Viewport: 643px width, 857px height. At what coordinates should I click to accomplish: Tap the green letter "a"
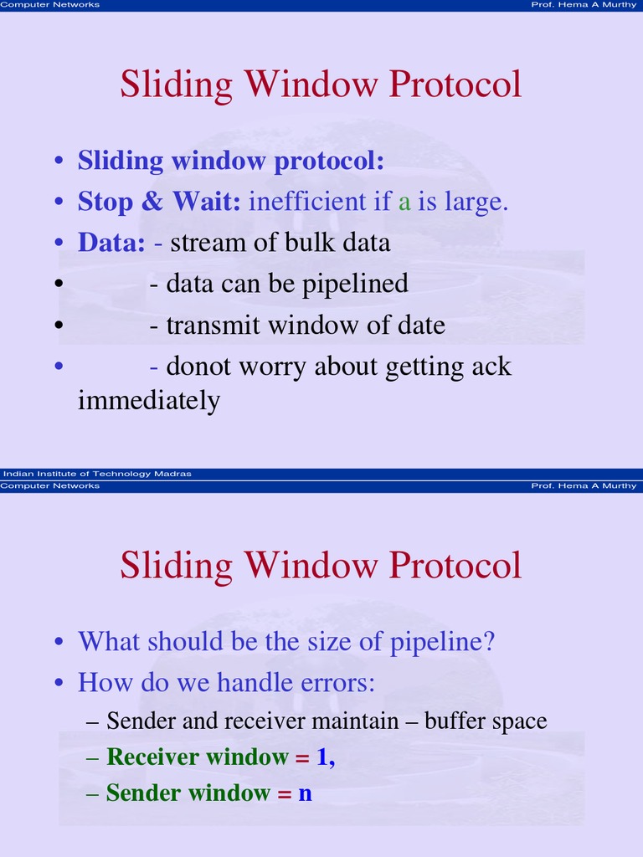404,203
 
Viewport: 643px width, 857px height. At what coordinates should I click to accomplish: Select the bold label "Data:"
111,243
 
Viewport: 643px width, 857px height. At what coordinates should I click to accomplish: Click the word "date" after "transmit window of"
418,325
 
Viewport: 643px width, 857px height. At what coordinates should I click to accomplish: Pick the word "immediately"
148,401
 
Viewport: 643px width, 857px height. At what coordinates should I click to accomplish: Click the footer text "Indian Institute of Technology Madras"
97,474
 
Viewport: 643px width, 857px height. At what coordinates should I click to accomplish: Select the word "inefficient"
307,202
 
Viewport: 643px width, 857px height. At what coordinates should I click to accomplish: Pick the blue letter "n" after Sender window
305,793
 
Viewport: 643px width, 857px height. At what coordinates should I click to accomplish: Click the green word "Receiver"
153,757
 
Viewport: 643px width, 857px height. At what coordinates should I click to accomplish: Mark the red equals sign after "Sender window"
285,793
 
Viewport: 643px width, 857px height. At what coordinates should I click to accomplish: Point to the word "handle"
249,683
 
